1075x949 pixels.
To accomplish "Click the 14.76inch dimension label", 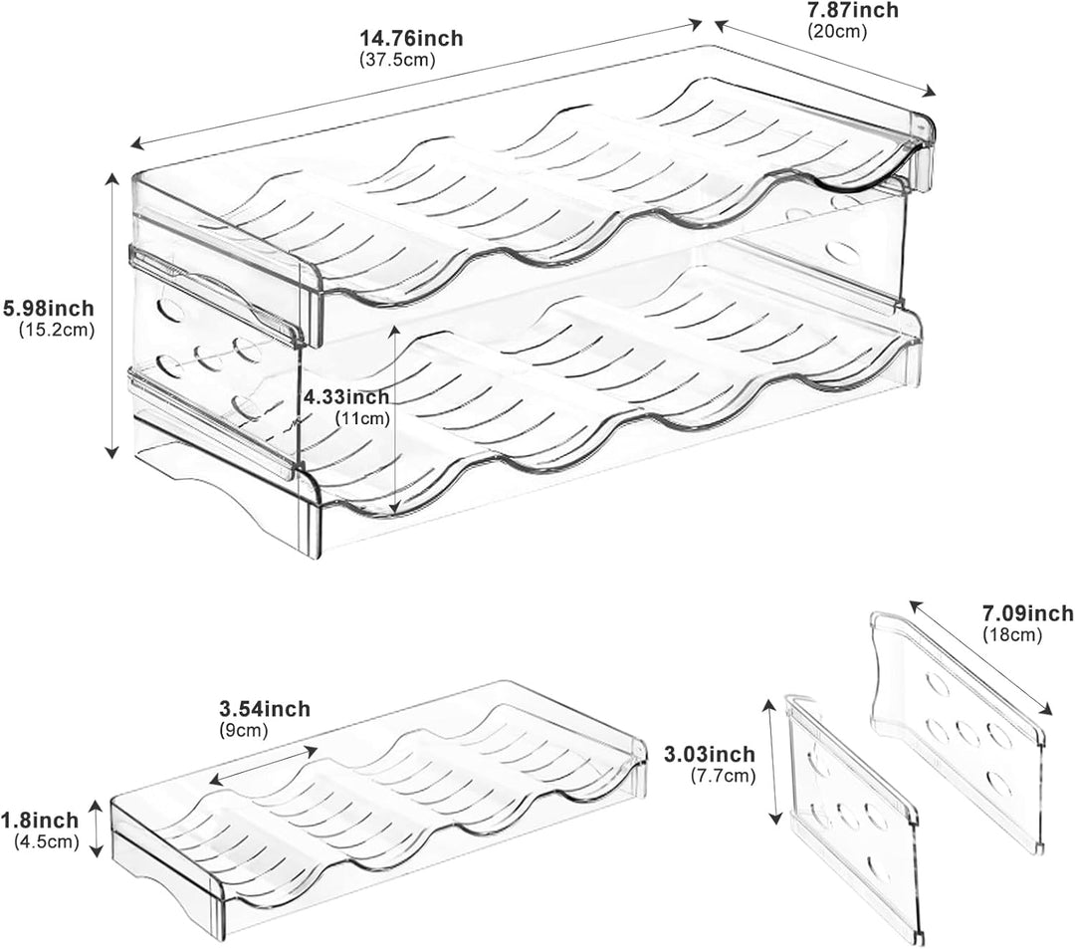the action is [411, 38].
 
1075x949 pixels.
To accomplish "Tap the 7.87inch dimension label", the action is [853, 10].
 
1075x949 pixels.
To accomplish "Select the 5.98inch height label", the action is [48, 308].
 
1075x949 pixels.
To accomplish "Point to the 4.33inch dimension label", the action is [346, 397].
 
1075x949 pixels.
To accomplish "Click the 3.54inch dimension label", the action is [265, 708].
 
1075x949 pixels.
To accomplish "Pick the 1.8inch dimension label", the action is [40, 821].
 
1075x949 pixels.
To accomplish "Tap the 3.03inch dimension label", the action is [710, 754].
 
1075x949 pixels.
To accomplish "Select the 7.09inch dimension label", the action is [1028, 612].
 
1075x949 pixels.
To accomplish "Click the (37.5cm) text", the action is [397, 60].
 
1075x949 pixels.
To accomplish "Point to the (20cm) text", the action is [837, 30].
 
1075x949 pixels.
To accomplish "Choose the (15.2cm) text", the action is [57, 330].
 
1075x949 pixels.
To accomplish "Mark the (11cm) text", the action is [362, 417].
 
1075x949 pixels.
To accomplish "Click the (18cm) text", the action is [1012, 634].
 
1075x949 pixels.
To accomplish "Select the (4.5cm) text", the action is [47, 841].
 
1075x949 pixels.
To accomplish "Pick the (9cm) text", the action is [244, 730].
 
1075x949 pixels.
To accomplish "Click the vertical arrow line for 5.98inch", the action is [111, 316].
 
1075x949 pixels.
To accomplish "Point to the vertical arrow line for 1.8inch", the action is [98, 828].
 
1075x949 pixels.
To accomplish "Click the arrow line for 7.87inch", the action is [825, 59].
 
